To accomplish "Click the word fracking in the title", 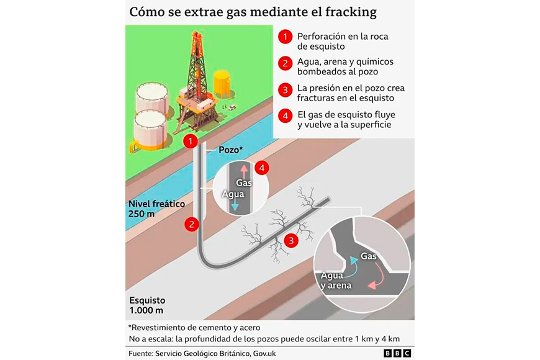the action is click(x=351, y=12).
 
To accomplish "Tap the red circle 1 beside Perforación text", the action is click(x=285, y=37).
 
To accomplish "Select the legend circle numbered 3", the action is click(x=285, y=90).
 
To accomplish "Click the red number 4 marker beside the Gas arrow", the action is click(x=262, y=168).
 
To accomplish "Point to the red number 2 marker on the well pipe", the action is click(x=191, y=224).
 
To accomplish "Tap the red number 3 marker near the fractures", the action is click(x=291, y=240).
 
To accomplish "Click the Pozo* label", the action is click(x=231, y=150).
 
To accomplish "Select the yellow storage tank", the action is click(x=222, y=84).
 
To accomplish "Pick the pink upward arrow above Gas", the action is click(x=244, y=171).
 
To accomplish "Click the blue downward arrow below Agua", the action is click(x=235, y=205).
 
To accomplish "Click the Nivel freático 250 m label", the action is click(x=156, y=209).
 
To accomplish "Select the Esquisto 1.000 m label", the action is click(x=147, y=305).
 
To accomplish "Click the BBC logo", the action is click(x=397, y=353).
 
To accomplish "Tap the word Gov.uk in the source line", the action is click(x=264, y=353).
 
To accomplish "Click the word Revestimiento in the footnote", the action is click(x=155, y=328).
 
